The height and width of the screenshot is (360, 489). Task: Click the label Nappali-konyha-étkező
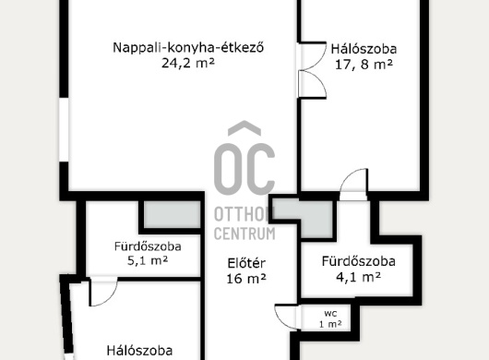tap(188, 48)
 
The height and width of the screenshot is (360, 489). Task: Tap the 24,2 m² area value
tap(188, 64)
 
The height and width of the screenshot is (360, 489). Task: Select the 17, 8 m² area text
tap(364, 65)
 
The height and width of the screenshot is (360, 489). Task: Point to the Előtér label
tap(246, 263)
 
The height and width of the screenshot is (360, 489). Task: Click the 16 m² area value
tap(246, 279)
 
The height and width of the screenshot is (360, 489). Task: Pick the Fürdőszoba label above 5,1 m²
tap(148, 246)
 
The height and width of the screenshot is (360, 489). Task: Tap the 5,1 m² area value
tap(148, 260)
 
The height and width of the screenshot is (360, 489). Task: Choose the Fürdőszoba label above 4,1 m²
tap(359, 261)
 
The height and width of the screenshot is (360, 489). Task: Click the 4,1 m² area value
tap(358, 277)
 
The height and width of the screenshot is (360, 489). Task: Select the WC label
tap(330, 313)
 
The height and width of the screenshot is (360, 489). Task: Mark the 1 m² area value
tap(330, 324)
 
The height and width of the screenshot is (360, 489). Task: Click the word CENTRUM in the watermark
tap(244, 234)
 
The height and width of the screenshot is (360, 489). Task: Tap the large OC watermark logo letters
tap(244, 169)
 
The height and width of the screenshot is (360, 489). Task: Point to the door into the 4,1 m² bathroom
tap(353, 184)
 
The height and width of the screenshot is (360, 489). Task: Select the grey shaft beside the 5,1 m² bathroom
tap(172, 214)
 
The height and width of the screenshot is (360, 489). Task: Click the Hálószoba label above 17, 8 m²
tap(364, 49)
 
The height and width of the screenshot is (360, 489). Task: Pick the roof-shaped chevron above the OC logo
tap(244, 128)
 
